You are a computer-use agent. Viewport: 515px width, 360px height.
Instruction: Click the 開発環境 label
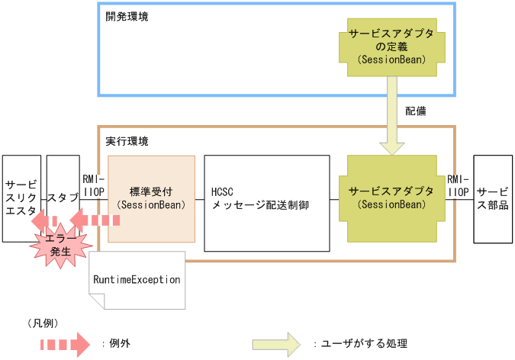pyautogui.click(x=127, y=16)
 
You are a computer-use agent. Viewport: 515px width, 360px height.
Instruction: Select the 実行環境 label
pyautogui.click(x=127, y=141)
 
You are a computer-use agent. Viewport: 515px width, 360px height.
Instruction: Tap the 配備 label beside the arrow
pyautogui.click(x=416, y=111)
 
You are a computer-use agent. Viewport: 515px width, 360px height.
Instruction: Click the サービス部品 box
pyautogui.click(x=493, y=198)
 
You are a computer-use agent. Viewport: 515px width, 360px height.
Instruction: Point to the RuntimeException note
pyautogui.click(x=137, y=280)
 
